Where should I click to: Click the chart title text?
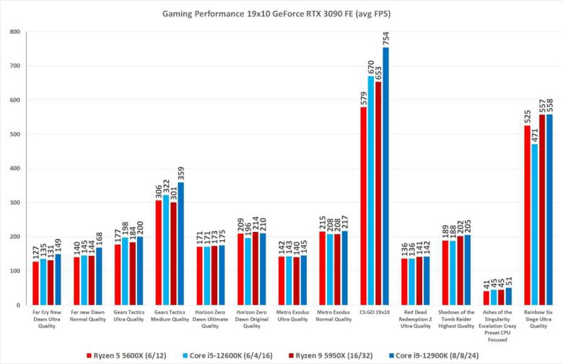[281, 13]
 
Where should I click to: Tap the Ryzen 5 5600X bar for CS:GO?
[362, 206]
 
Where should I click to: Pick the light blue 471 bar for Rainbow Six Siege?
[534, 225]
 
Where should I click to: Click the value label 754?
[385, 36]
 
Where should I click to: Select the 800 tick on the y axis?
[14, 32]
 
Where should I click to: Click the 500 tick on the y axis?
[14, 134]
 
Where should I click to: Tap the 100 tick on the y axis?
[14, 271]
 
